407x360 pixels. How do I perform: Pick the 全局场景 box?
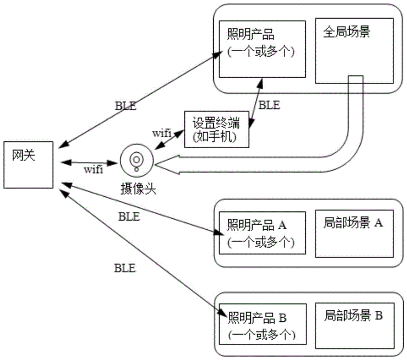[x=354, y=51]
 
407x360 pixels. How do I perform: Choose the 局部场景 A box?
[x=354, y=234]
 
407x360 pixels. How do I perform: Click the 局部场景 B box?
[x=354, y=326]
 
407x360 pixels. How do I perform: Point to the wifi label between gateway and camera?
[x=93, y=169]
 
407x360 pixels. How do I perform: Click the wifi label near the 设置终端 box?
[x=162, y=133]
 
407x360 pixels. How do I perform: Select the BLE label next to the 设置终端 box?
[x=269, y=105]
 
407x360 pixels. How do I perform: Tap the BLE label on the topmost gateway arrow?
[x=125, y=107]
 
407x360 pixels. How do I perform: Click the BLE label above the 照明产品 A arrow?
[x=129, y=217]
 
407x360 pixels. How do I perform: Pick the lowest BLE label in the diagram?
[x=125, y=268]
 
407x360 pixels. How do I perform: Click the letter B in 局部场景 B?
[x=378, y=316]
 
